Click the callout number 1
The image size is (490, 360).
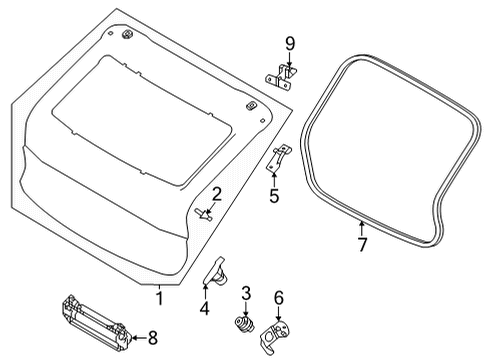[157, 296]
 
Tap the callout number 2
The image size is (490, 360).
[216, 193]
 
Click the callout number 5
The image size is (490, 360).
[274, 195]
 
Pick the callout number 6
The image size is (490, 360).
[279, 297]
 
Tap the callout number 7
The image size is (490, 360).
[363, 243]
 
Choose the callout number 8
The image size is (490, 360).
[153, 337]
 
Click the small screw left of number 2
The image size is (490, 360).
[203, 211]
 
